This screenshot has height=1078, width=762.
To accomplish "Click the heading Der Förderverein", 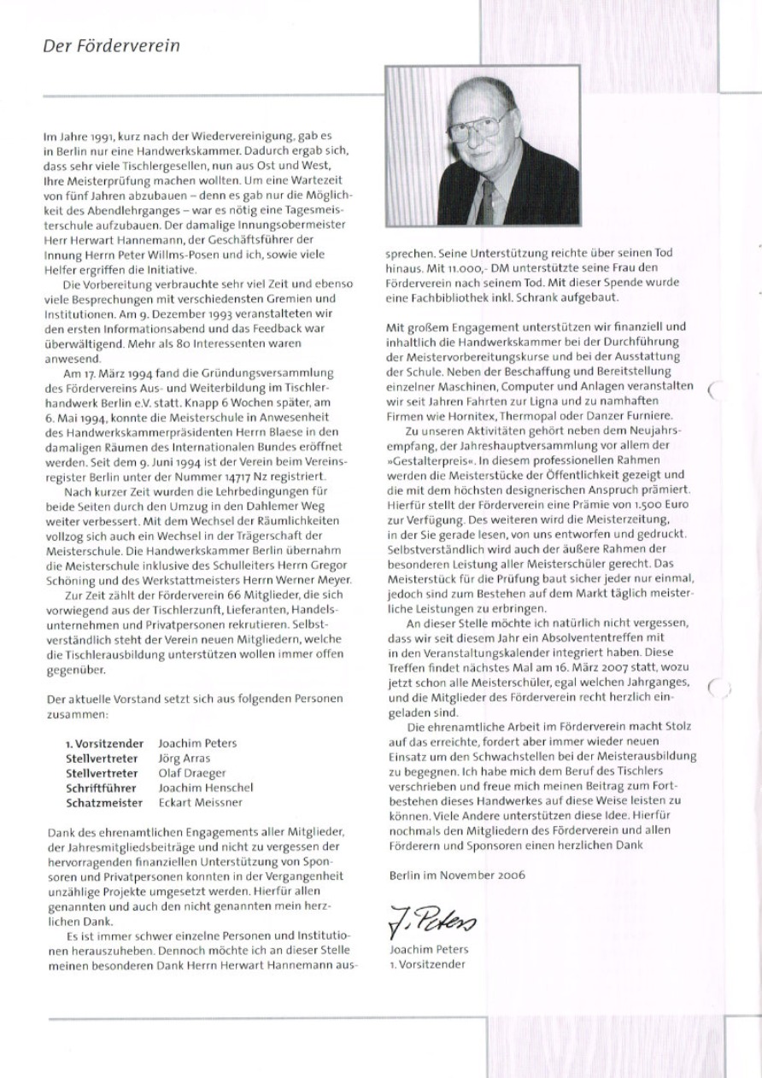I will click(111, 46).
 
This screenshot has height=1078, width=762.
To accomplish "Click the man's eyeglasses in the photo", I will click(480, 126).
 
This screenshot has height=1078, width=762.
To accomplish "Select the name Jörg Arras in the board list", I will click(185, 758).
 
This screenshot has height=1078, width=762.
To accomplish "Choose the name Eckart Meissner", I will click(200, 803).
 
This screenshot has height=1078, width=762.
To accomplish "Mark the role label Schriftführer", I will click(104, 788).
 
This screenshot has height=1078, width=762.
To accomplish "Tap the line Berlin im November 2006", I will click(456, 875).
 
